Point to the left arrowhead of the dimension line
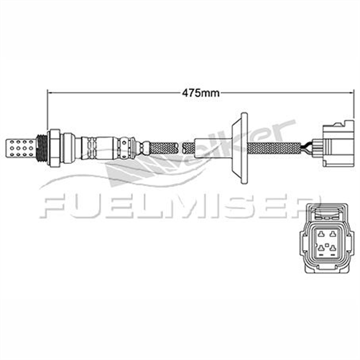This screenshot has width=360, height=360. pos(50,92)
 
